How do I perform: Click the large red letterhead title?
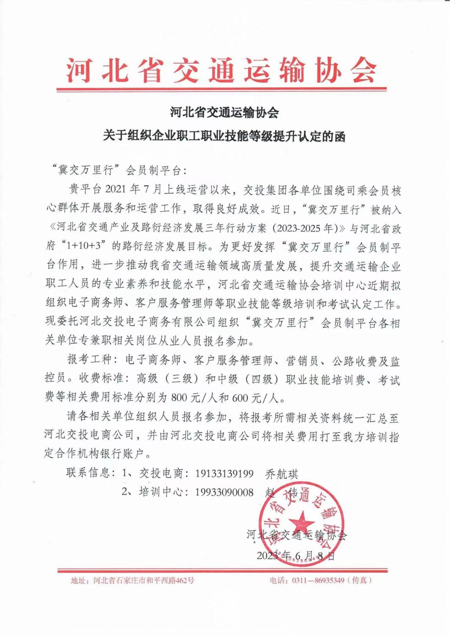tap(221, 70)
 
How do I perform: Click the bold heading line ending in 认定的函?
tap(224, 136)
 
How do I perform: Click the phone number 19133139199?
tap(224, 473)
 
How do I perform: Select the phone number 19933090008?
tap(224, 492)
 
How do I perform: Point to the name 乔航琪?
tap(282, 474)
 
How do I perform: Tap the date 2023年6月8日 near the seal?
tap(296, 555)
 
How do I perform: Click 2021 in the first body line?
tap(116, 189)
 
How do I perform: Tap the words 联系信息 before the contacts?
tap(88, 473)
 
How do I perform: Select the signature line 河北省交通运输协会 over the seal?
tap(296, 535)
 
